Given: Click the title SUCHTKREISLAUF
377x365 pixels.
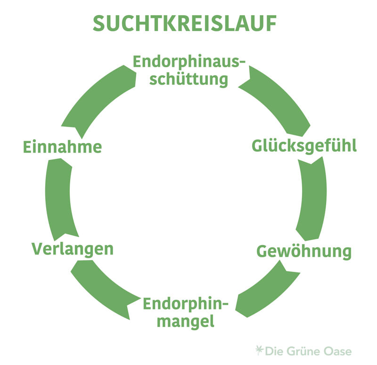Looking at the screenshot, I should [184, 24].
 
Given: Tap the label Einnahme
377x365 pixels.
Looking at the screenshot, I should [62, 147].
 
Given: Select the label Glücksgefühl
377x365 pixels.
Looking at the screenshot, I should [304, 146].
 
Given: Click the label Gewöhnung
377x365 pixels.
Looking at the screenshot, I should [304, 252].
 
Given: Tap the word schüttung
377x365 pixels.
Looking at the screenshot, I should [188, 79].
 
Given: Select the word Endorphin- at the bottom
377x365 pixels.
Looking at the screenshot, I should [185, 304].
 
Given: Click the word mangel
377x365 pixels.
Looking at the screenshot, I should [186, 322].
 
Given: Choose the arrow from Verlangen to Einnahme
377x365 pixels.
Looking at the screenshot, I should [59, 198].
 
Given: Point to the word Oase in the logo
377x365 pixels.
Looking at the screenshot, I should [338, 351].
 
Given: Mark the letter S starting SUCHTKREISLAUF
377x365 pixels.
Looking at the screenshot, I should [99, 24].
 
